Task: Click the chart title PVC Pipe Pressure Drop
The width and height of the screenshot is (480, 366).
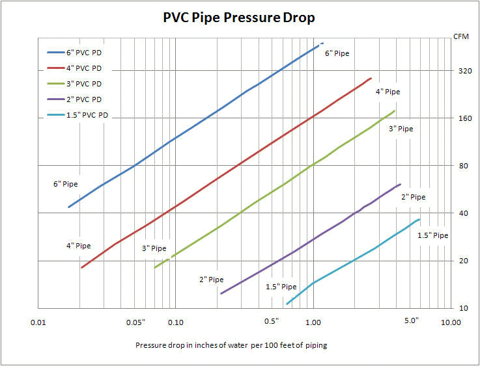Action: (238, 18)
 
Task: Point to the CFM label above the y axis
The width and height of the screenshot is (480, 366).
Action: (460, 37)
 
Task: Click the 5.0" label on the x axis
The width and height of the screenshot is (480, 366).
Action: (412, 320)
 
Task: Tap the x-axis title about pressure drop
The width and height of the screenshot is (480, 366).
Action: (231, 345)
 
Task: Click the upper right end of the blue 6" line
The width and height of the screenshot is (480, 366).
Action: (322, 44)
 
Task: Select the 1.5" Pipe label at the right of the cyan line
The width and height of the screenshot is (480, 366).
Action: (432, 235)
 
